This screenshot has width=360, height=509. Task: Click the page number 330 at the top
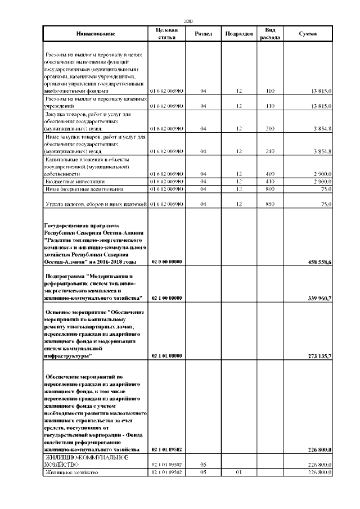188,21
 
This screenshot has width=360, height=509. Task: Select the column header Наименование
94,34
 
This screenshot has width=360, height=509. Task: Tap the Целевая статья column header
166,34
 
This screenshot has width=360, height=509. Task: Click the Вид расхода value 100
270,91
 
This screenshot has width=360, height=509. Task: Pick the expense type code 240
270,151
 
